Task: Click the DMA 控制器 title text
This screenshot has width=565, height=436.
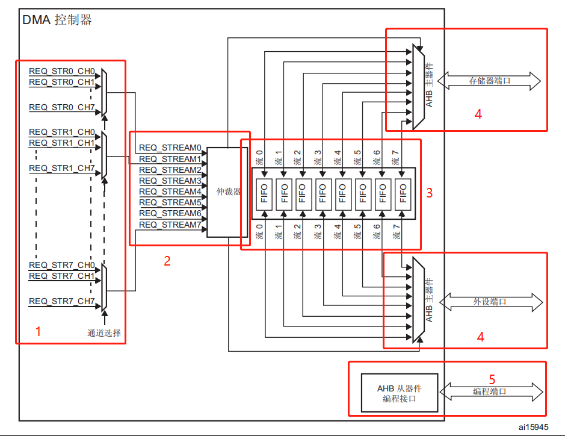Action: click(x=57, y=20)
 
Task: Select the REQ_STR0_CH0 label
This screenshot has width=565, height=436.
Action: click(x=61, y=71)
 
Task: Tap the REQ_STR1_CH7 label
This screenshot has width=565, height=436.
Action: click(x=61, y=168)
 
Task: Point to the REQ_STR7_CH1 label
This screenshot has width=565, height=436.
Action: click(x=61, y=276)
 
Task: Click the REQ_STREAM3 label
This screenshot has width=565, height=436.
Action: click(x=170, y=181)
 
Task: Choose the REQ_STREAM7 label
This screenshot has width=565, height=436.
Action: click(x=170, y=225)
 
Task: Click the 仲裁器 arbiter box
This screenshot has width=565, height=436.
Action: click(x=227, y=192)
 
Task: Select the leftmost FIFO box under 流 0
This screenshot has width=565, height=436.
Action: click(x=264, y=193)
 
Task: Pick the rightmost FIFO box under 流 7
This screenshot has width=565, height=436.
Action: click(x=403, y=193)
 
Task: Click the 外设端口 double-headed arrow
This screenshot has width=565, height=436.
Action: click(x=490, y=301)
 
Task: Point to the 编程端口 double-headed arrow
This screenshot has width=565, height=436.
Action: click(x=490, y=391)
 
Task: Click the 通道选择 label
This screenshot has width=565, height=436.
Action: click(x=107, y=332)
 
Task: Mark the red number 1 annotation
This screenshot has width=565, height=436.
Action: click(x=38, y=331)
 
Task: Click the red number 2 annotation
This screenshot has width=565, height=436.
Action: click(x=167, y=261)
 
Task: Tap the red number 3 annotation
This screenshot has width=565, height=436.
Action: click(x=429, y=193)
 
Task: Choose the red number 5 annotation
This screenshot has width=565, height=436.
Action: click(x=492, y=379)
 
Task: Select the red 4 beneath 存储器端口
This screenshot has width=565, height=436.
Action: click(x=478, y=114)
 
